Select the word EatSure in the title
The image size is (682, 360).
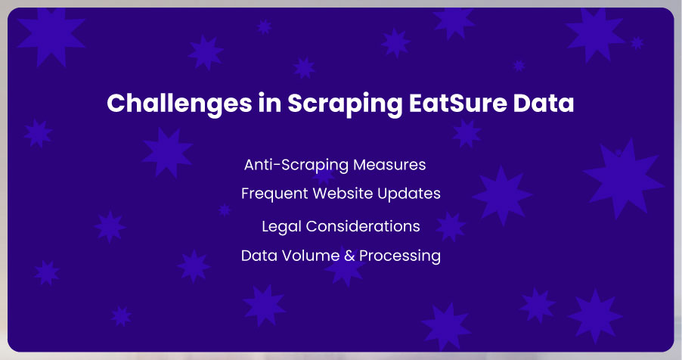457,103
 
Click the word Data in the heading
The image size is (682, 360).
543,103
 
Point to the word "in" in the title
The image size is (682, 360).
270,103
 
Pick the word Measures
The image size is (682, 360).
389,165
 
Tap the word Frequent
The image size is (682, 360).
274,194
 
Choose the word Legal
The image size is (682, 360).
281,227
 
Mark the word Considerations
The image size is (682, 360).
363,226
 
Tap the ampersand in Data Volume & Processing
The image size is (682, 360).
349,256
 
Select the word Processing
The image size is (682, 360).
400,256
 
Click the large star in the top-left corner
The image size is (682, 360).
51,36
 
